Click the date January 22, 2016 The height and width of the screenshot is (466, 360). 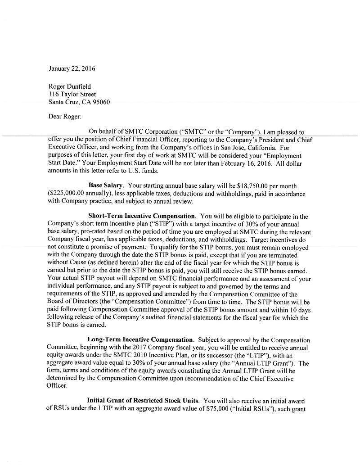(x=72, y=69)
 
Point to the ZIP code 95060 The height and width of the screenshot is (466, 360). (x=101, y=102)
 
